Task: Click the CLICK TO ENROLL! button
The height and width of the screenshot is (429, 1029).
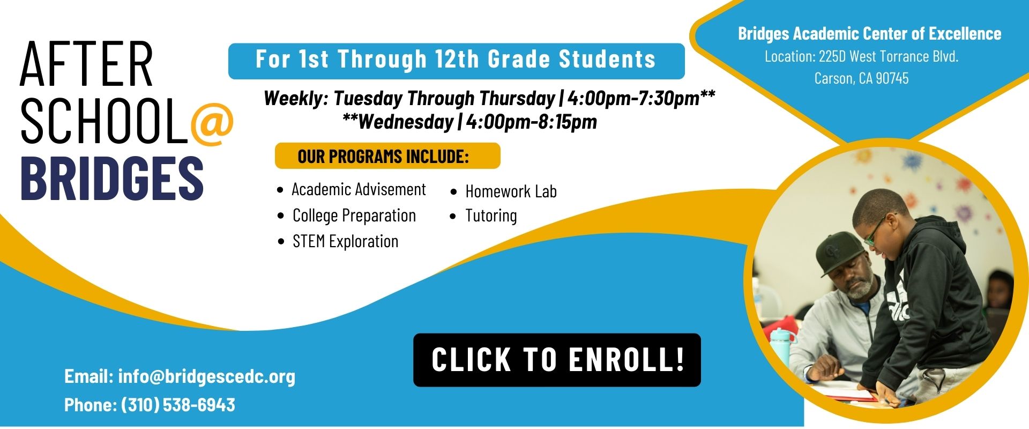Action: coord(557,360)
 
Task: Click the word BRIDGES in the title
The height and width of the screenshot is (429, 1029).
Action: coord(112,178)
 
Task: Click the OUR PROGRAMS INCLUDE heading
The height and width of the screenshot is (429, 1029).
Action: coord(383,157)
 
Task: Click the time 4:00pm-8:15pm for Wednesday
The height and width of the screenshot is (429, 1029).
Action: coord(531,122)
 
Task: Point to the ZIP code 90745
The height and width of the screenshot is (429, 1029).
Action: coord(892,78)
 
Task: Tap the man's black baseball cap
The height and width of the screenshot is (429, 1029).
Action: coord(842,252)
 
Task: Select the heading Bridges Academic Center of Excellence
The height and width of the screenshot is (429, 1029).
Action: coord(869,34)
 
